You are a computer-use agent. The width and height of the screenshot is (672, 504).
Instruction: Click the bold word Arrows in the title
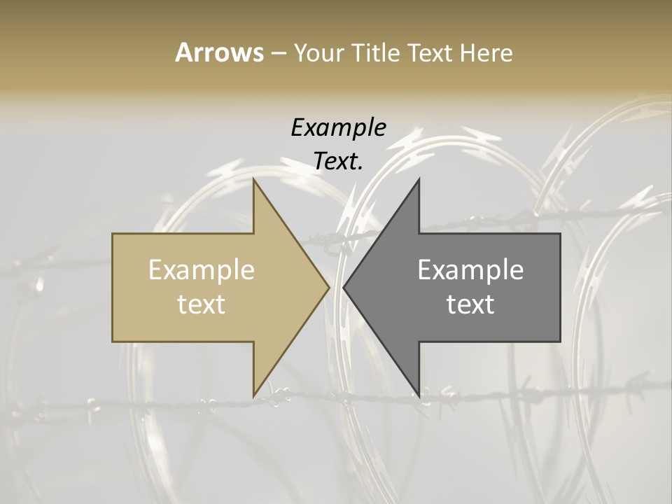click(x=219, y=52)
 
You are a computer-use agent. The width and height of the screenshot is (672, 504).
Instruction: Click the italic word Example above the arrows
click(x=339, y=127)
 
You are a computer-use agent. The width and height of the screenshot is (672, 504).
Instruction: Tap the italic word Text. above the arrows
click(x=339, y=162)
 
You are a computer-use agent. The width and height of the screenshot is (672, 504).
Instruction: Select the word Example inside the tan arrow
click(x=202, y=269)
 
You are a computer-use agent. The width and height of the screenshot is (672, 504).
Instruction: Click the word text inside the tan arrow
click(x=202, y=304)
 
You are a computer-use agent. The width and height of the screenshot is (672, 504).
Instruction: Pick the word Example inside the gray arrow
click(x=470, y=269)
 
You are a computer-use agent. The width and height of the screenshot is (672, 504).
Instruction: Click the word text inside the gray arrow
click(x=470, y=304)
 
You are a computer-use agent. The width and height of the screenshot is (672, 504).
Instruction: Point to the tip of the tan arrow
click(x=330, y=287)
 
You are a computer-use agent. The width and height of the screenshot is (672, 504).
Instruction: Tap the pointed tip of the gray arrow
click(x=343, y=287)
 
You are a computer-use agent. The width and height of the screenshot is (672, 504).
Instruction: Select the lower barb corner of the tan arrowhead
click(x=253, y=397)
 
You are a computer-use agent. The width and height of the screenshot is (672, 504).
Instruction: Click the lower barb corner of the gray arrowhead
click(x=419, y=397)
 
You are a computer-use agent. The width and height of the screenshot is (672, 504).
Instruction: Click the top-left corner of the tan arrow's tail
click(x=113, y=234)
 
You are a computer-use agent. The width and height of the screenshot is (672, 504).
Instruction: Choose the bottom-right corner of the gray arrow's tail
click(x=560, y=342)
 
